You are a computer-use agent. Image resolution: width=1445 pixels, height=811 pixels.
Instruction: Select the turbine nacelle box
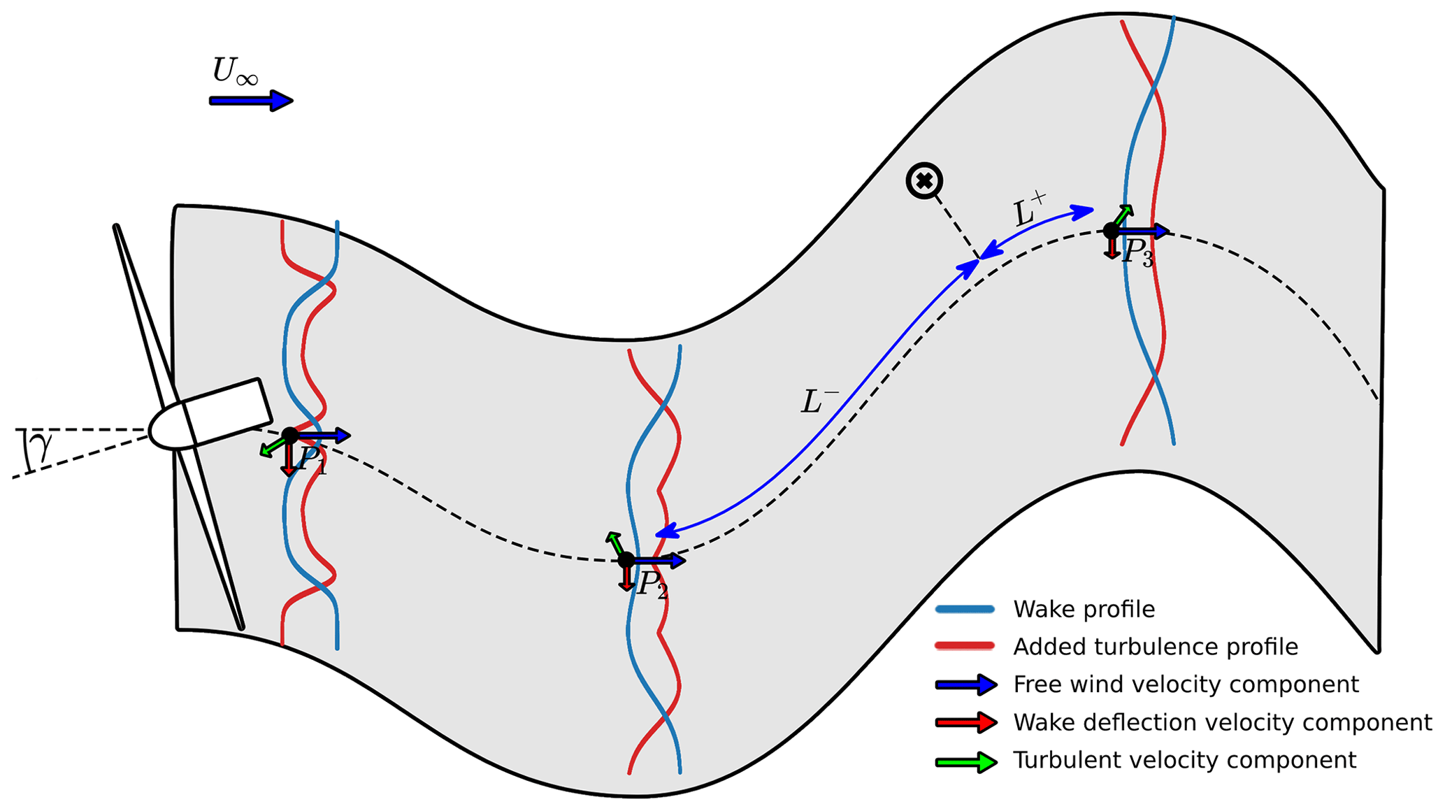tap(227, 412)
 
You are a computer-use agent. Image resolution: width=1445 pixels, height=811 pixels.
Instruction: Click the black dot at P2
tap(626, 560)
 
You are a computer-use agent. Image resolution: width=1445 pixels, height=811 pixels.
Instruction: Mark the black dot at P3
tap(1111, 230)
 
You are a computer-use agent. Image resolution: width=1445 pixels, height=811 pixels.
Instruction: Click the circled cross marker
tap(924, 182)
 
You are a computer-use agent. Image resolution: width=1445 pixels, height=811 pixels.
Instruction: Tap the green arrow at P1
tap(272, 447)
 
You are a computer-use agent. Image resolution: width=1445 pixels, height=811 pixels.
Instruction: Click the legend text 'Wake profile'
tap(1084, 609)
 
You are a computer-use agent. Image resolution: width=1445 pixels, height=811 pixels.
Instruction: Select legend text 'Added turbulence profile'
tap(1155, 647)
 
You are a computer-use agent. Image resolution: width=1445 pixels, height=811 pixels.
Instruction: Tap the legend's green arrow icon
tap(967, 761)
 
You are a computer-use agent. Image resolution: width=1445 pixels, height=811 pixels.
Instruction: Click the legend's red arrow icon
tap(967, 723)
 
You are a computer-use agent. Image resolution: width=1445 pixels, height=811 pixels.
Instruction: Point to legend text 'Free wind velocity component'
tap(1186, 684)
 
